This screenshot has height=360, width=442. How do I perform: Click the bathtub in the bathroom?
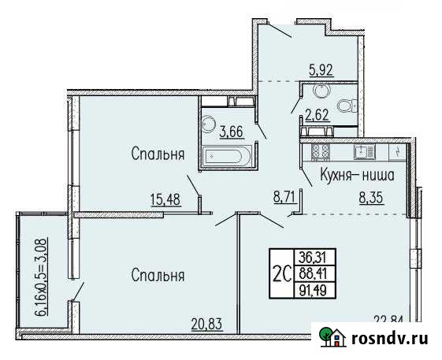pyautogui.click(x=228, y=156)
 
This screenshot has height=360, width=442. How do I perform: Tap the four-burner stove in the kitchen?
pyautogui.click(x=321, y=150)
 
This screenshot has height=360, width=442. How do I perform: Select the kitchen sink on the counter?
pyautogui.click(x=364, y=150)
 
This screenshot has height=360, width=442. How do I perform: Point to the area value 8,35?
pyautogui.click(x=372, y=199)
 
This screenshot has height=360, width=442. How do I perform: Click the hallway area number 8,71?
pyautogui.click(x=285, y=199)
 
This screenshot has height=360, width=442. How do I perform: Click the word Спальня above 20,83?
pyautogui.click(x=158, y=276)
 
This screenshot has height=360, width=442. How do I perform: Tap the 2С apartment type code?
pyautogui.click(x=280, y=273)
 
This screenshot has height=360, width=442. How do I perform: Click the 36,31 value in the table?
pyautogui.click(x=311, y=256)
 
